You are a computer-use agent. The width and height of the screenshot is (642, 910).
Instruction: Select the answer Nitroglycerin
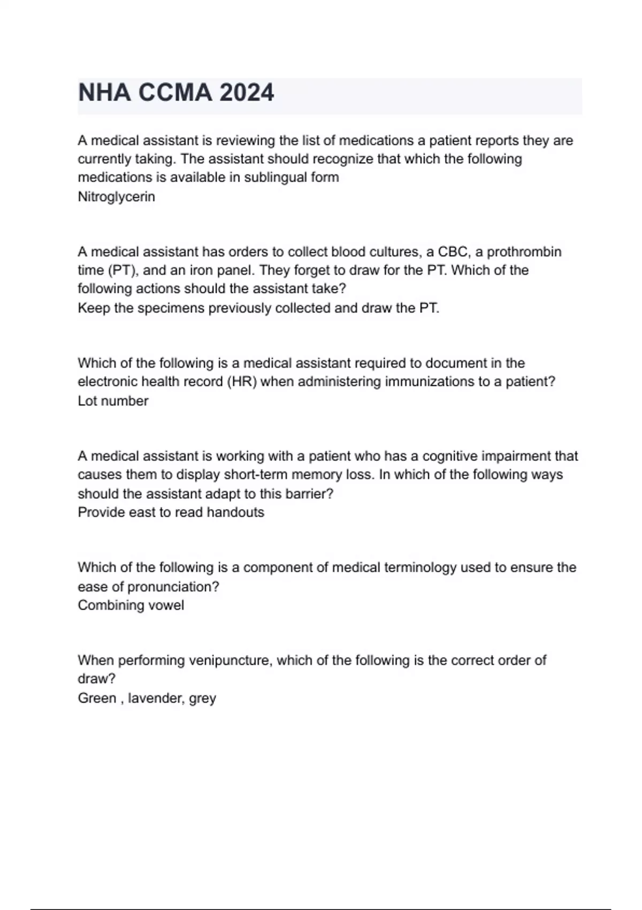click(116, 197)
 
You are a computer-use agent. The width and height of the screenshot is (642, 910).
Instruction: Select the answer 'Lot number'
click(113, 401)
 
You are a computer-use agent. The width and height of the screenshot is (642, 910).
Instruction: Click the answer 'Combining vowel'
click(131, 605)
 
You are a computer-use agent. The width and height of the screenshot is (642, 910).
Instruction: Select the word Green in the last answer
click(97, 698)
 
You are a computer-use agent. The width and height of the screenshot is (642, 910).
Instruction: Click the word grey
click(202, 699)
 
